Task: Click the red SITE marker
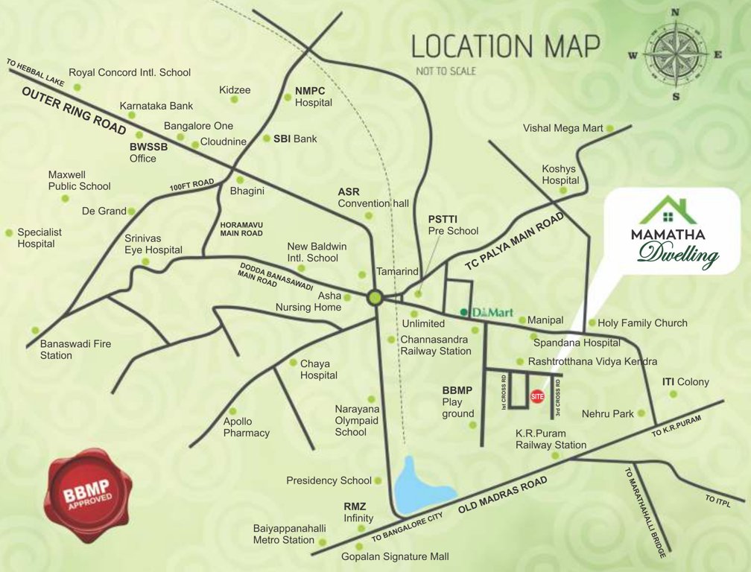[x=537, y=397]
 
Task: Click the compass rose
[x=675, y=54]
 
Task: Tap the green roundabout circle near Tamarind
[x=375, y=298]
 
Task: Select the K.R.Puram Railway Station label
[x=551, y=439]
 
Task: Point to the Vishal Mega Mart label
[x=563, y=128]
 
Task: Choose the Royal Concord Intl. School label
[x=130, y=73]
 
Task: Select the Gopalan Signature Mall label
[x=395, y=556]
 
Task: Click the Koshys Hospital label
[x=560, y=174]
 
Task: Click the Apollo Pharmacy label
[x=246, y=427]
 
